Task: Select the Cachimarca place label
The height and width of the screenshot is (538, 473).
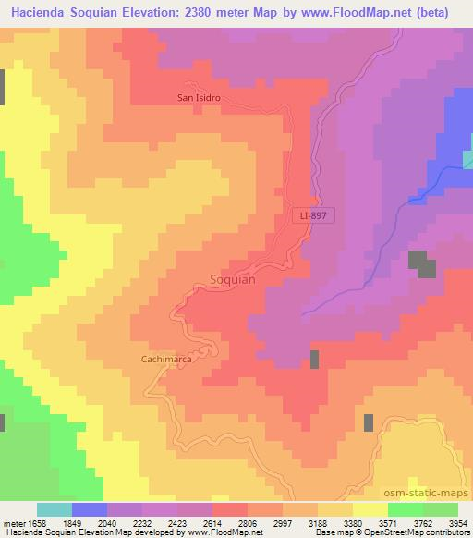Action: click(x=166, y=358)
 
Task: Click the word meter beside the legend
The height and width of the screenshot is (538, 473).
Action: click(x=13, y=523)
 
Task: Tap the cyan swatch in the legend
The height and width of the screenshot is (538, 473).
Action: click(x=55, y=509)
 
